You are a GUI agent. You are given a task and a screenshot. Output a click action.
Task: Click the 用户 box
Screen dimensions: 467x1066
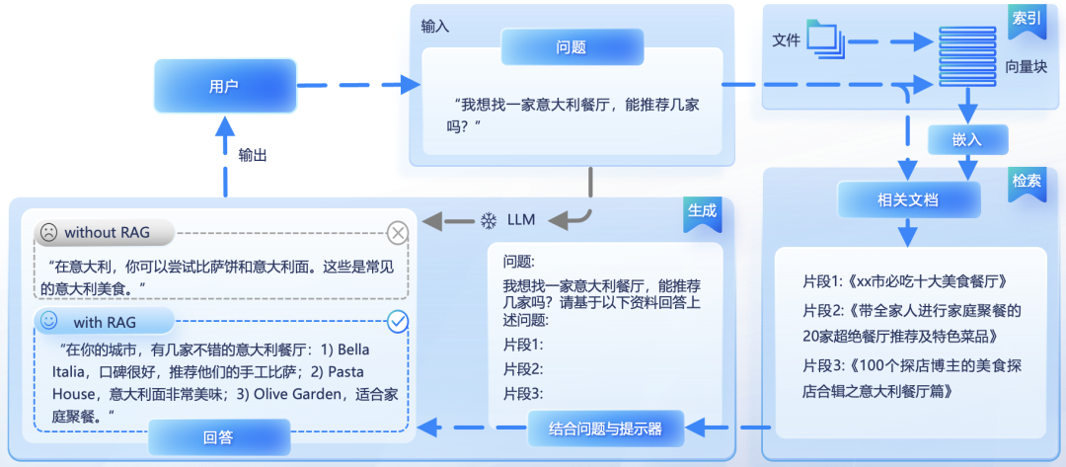click(224, 86)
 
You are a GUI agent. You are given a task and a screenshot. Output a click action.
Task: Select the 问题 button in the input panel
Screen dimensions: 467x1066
click(571, 46)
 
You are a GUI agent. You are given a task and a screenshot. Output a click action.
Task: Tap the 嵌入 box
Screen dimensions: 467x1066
click(967, 139)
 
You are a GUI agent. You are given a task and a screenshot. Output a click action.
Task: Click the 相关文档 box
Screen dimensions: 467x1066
click(908, 200)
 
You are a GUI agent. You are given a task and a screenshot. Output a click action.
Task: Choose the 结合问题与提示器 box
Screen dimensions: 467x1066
click(606, 428)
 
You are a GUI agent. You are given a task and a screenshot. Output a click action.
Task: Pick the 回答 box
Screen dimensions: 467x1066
click(218, 435)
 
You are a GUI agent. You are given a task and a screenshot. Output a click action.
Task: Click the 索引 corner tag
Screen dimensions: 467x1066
click(1026, 20)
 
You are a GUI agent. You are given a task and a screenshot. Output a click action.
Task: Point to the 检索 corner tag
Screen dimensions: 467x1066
click(1026, 183)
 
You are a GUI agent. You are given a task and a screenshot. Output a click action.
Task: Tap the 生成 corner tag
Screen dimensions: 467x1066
click(702, 212)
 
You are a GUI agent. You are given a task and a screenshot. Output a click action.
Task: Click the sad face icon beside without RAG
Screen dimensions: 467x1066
click(47, 233)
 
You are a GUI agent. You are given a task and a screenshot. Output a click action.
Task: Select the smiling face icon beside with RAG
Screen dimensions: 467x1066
click(48, 322)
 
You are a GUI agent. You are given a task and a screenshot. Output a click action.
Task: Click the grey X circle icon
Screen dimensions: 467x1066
click(398, 233)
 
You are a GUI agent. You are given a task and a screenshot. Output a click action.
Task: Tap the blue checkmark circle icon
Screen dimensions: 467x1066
click(398, 321)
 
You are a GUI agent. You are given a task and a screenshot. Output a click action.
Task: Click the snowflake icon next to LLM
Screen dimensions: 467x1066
click(488, 219)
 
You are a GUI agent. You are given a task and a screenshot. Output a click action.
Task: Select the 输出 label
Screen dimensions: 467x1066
click(253, 155)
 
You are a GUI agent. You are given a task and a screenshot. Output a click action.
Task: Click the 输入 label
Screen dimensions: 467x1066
click(435, 27)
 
